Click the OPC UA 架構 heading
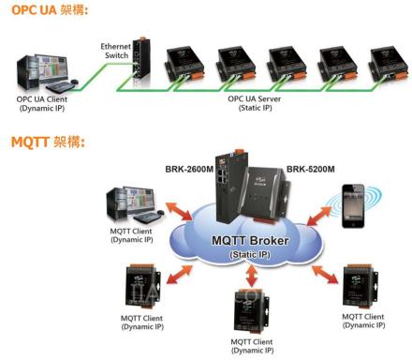[50, 9]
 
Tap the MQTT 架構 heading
[48, 142]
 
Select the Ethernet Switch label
[115, 51]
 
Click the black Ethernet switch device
[141, 61]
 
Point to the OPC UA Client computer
[47, 73]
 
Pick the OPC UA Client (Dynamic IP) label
[42, 104]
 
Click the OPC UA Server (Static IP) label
[255, 103]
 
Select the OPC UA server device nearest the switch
[184, 64]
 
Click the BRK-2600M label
[189, 170]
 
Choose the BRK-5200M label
[311, 170]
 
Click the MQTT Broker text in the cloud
[250, 241]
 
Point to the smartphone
[353, 206]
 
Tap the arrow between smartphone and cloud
[318, 216]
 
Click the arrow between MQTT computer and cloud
[179, 212]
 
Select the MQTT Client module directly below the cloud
[251, 312]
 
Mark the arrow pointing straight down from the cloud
[251, 276]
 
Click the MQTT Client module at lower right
[360, 286]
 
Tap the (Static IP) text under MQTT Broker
[250, 255]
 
